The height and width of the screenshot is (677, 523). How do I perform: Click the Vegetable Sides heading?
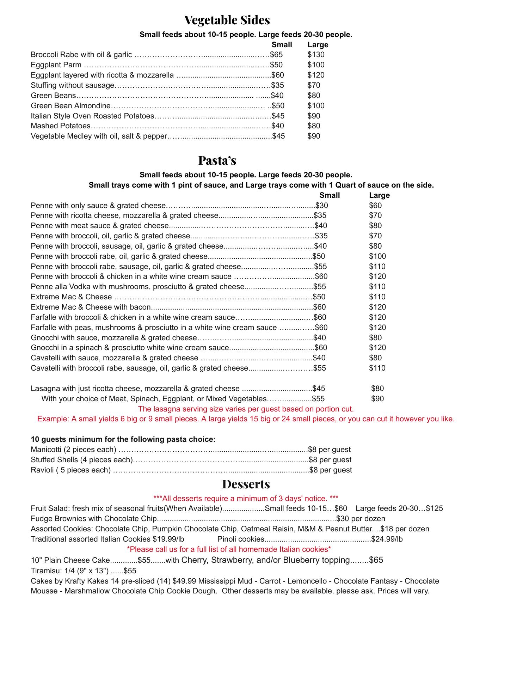(227, 20)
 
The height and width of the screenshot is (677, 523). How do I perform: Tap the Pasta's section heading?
(217, 160)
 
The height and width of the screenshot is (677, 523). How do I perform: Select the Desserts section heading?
(246, 484)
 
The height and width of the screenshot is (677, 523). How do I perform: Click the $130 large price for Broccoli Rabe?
(316, 55)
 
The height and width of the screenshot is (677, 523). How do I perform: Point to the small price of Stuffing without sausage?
(278, 85)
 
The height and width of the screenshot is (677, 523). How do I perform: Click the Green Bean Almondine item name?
(71, 106)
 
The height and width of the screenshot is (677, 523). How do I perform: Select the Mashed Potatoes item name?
(61, 126)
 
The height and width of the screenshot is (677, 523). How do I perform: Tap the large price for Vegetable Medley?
(314, 136)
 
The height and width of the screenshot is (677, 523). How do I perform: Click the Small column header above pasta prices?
(330, 195)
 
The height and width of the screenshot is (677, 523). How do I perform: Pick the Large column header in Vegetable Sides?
(318, 45)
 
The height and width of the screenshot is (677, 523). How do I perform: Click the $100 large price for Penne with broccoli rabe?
(377, 256)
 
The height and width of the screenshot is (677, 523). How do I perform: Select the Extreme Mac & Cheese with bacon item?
(91, 307)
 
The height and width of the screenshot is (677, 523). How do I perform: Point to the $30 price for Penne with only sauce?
(321, 206)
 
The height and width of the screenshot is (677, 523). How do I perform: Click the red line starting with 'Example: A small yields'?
(246, 419)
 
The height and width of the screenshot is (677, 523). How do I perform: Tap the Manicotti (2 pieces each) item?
(73, 450)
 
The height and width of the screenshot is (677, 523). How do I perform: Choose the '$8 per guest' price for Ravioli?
(331, 470)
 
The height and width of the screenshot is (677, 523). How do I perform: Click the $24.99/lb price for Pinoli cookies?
(387, 539)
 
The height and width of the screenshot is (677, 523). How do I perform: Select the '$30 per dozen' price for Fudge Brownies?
(361, 519)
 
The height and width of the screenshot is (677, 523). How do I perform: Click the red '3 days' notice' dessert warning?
(246, 499)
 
